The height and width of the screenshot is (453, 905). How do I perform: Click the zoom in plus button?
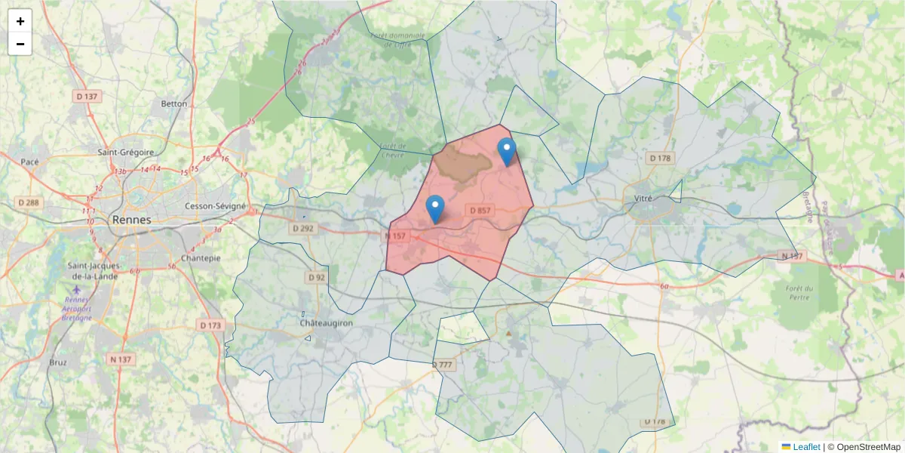click(x=20, y=21)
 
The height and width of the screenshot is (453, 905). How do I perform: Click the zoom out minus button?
click(x=20, y=44)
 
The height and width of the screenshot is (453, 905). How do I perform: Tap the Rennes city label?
click(x=131, y=220)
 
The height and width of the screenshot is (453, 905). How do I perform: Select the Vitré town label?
click(x=643, y=199)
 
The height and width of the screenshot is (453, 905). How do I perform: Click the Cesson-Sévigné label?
click(x=216, y=206)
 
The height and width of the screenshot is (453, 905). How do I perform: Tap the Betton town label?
click(x=174, y=103)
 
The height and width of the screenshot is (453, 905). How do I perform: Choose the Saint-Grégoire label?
click(x=126, y=152)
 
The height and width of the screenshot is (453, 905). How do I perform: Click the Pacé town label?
click(x=29, y=162)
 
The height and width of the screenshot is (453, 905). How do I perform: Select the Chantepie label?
click(x=201, y=258)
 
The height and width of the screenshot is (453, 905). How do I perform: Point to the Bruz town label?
click(x=57, y=362)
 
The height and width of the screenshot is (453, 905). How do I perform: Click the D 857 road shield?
click(x=480, y=210)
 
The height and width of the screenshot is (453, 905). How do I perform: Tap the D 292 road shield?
click(x=302, y=228)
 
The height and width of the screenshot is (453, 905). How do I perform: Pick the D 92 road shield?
click(x=317, y=278)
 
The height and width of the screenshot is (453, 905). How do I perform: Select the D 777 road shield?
click(x=443, y=365)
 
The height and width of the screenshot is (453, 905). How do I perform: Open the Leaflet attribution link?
click(x=806, y=447)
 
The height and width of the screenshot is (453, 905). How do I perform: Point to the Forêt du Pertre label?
click(x=799, y=293)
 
